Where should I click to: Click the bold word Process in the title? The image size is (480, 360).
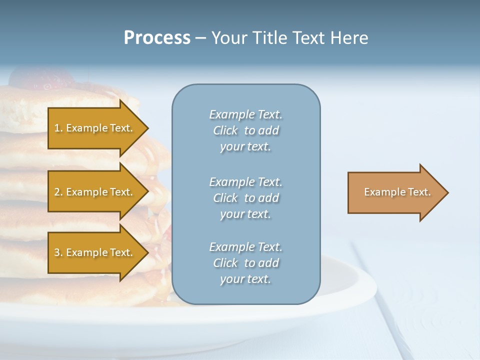pyautogui.click(x=157, y=38)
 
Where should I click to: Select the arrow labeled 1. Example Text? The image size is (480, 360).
pyautogui.click(x=95, y=128)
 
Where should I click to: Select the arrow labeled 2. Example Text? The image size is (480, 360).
pyautogui.click(x=95, y=192)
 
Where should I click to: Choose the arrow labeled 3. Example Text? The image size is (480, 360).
pyautogui.click(x=95, y=252)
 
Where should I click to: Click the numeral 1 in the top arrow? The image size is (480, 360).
pyautogui.click(x=57, y=128)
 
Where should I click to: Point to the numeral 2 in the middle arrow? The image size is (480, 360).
pyautogui.click(x=57, y=192)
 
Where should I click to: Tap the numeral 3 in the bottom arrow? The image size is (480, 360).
pyautogui.click(x=57, y=252)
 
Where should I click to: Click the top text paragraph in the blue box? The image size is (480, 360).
pyautogui.click(x=245, y=130)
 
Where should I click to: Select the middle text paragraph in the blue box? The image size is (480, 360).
pyautogui.click(x=245, y=198)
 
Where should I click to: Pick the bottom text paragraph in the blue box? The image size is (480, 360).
pyautogui.click(x=245, y=263)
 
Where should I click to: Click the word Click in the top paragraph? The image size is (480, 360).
pyautogui.click(x=225, y=130)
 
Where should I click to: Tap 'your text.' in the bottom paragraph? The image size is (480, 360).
pyautogui.click(x=245, y=279)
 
